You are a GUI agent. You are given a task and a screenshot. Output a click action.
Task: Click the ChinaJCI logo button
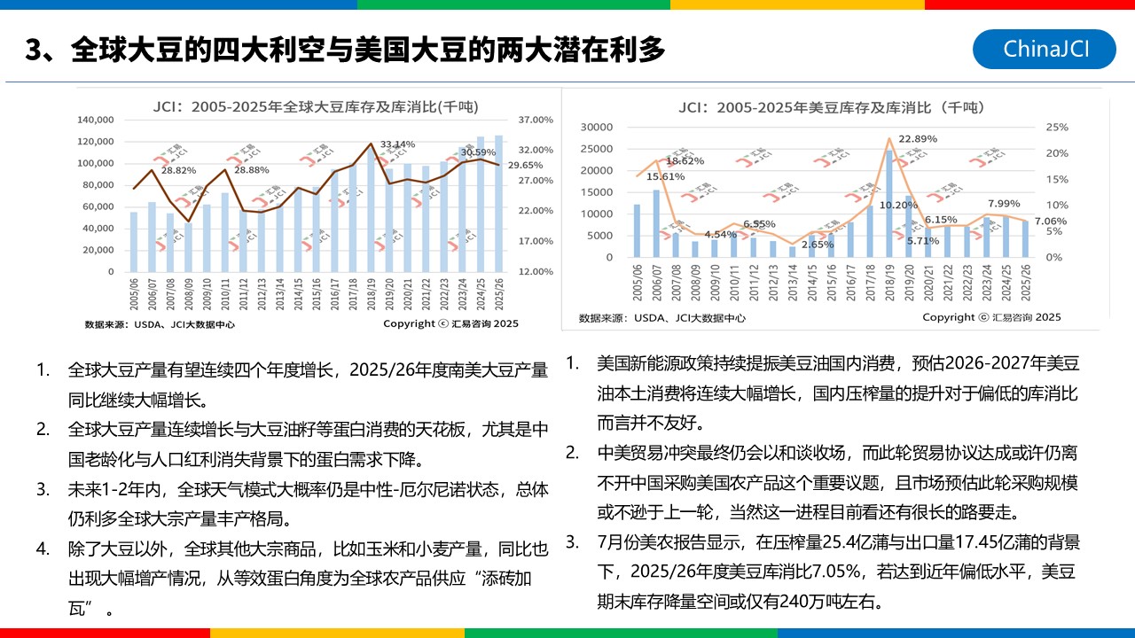[x=1044, y=49]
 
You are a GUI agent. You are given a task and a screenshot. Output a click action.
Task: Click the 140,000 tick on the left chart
[x=97, y=120]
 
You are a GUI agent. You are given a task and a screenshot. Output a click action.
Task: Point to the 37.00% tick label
[x=535, y=120]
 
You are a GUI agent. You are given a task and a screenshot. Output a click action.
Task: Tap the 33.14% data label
[x=397, y=144]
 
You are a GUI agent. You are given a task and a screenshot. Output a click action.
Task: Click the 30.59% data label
[x=478, y=152]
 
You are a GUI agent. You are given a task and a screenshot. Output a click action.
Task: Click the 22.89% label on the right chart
[x=918, y=139]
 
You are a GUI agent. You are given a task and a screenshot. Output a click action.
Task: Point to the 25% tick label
[x=1057, y=127]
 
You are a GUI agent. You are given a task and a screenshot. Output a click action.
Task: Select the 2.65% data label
[x=817, y=245]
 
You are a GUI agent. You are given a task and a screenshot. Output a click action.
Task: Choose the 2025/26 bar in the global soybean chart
[x=498, y=204]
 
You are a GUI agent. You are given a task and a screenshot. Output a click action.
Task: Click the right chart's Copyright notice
[x=990, y=317]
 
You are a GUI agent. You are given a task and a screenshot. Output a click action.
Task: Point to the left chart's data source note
[x=160, y=324]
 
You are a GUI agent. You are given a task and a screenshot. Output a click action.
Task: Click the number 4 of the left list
[x=43, y=549]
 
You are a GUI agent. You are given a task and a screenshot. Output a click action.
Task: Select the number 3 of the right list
[x=573, y=541]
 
